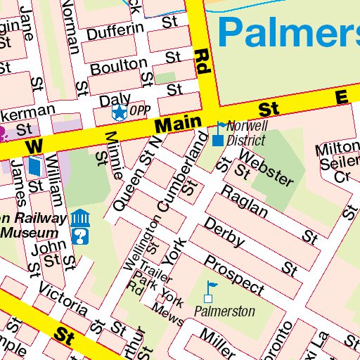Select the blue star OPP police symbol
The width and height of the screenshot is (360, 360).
click(120, 111)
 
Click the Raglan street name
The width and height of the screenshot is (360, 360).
click(245, 201)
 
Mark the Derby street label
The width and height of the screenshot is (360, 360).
click(224, 233)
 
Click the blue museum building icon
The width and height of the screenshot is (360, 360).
click(79, 217)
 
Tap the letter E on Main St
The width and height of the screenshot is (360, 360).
click(342, 98)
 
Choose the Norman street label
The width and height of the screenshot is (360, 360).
click(71, 26)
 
